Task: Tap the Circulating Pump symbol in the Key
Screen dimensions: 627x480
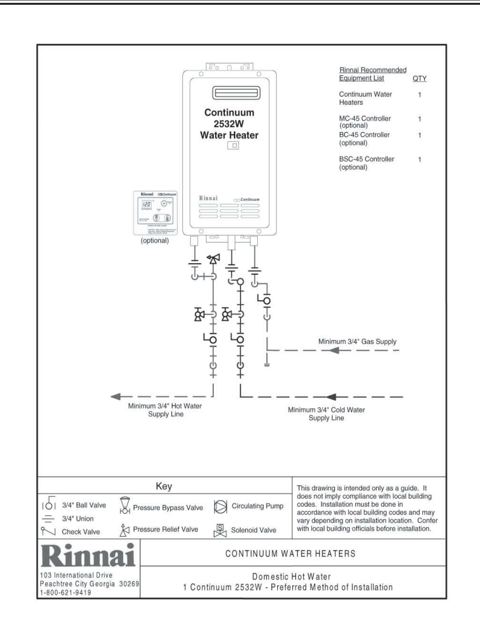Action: point(220,506)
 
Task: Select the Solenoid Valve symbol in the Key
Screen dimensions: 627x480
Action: point(220,530)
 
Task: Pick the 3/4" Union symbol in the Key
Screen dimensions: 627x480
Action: point(49,519)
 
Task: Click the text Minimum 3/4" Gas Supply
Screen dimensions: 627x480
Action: point(357,342)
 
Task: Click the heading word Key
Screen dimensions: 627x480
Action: point(164,486)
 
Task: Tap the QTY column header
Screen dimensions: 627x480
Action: point(419,79)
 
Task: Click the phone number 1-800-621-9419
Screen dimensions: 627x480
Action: point(65,593)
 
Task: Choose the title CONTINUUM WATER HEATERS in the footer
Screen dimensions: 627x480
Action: point(290,554)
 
